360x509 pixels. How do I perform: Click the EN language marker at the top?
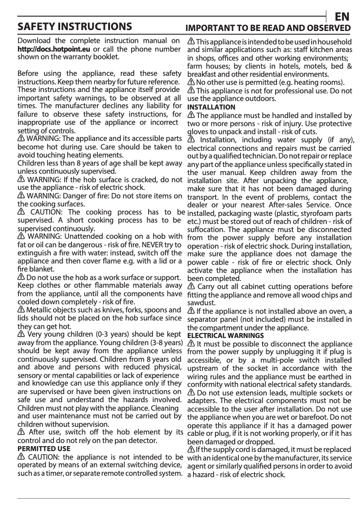pos(342,16)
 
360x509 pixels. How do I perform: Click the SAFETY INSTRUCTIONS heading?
pos(74,26)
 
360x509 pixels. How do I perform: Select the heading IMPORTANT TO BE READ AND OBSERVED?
pos(268,27)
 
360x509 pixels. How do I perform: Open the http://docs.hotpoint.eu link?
pos(53,49)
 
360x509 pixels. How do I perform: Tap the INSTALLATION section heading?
pos(211,107)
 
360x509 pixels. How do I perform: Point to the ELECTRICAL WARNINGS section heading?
pos(225,335)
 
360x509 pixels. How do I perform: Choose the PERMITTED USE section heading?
pos(43,448)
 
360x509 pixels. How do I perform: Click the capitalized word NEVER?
pos(154,245)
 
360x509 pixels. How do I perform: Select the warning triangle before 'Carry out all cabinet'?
pos(191,287)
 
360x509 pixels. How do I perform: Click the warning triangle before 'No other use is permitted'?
pos(191,83)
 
